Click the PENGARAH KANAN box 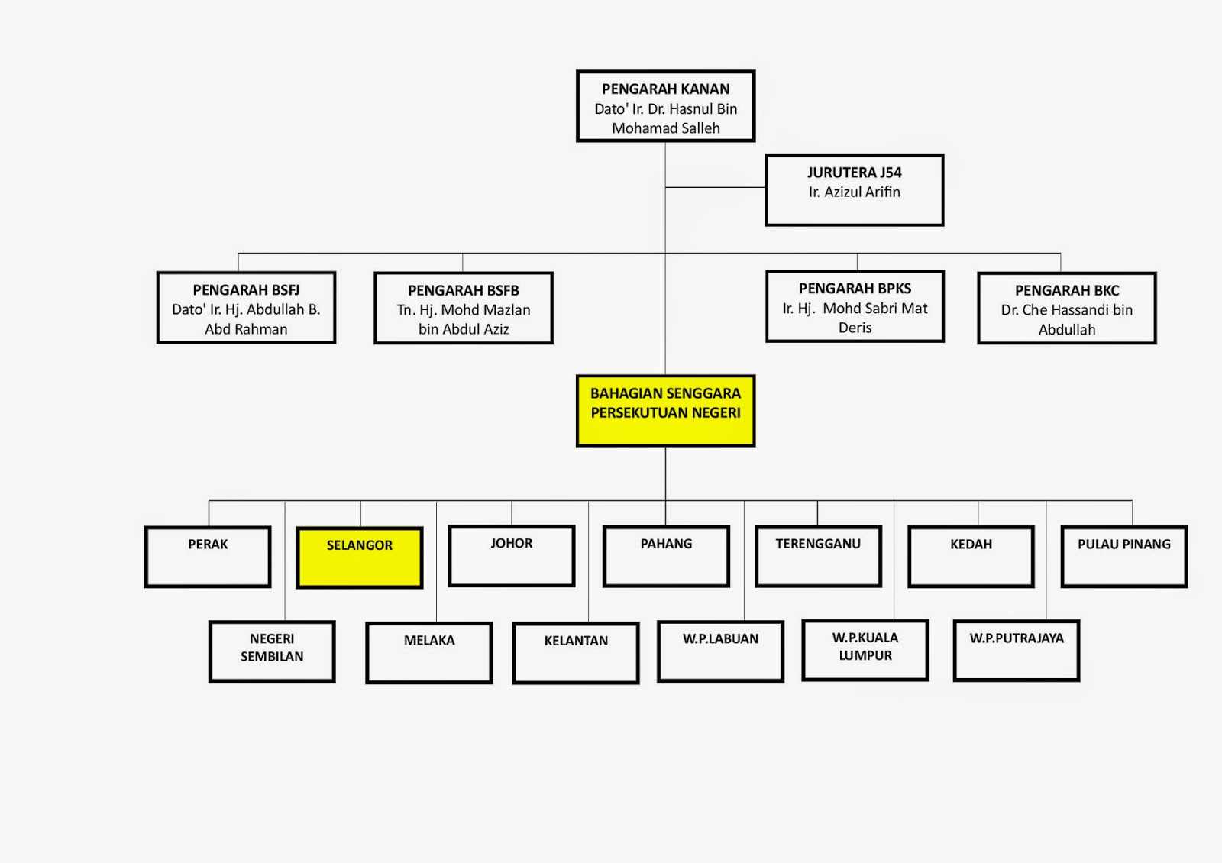[x=665, y=106]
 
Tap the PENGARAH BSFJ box [x=246, y=308]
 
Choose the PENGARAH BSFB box [x=463, y=309]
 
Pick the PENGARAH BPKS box [x=855, y=306]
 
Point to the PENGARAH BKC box [x=1066, y=309]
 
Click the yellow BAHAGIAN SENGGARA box [x=665, y=410]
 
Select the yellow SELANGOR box [x=359, y=558]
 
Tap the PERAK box [x=208, y=557]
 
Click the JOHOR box [x=511, y=556]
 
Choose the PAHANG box [x=666, y=556]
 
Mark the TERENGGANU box [x=818, y=556]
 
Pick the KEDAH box [x=971, y=557]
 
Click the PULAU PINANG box [x=1123, y=557]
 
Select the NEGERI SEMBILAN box [x=272, y=651]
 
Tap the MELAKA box [x=428, y=653]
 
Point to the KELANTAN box [x=576, y=653]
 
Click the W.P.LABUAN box [x=720, y=651]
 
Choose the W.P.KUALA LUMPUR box [x=865, y=650]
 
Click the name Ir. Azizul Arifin [x=854, y=192]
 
